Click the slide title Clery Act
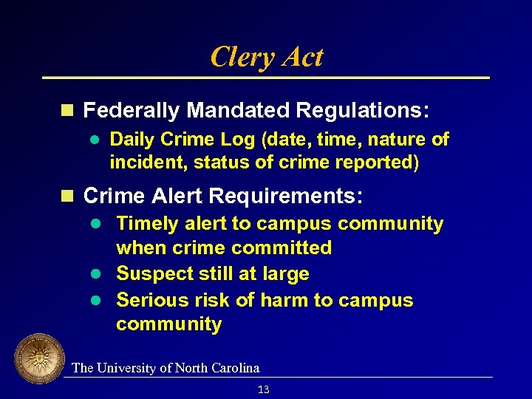pos(267,57)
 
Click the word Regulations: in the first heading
pos(362,111)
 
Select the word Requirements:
pos(286,197)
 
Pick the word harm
pos(283,301)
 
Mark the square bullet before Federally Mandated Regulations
pos(67,111)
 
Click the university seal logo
pos(39,359)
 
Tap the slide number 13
pos(264,389)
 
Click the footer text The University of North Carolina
pos(166,368)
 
